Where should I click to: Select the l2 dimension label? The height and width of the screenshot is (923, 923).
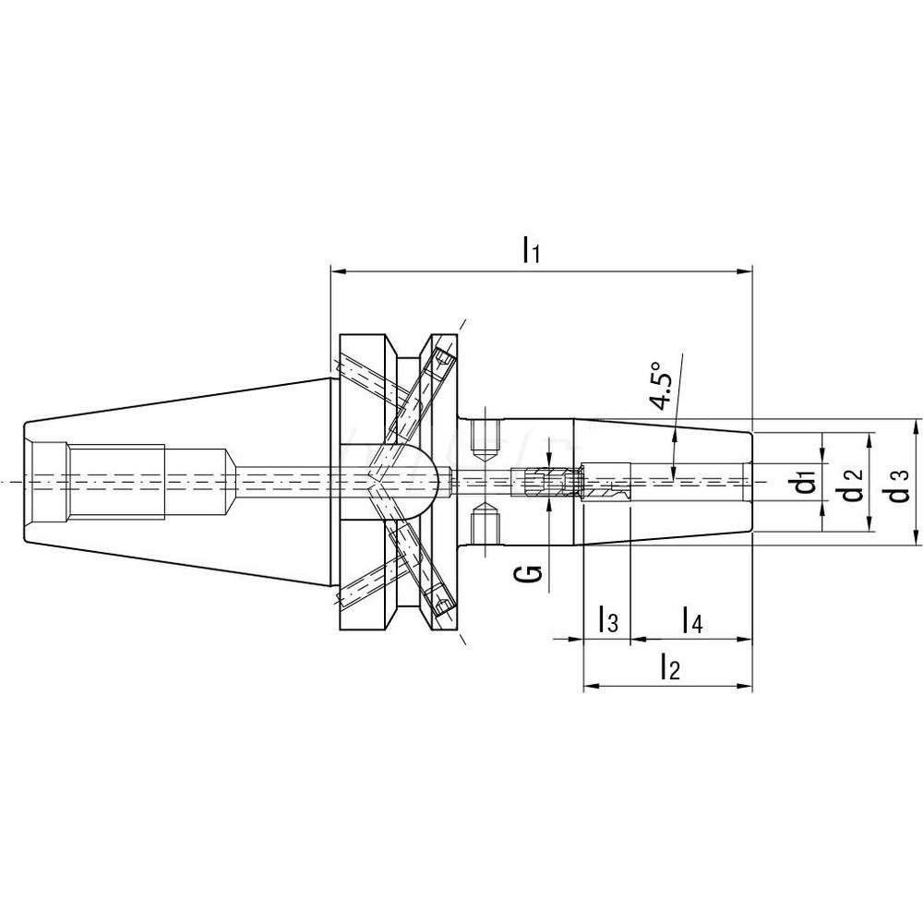tap(669, 667)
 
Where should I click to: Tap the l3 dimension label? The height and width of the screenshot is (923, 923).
tap(607, 619)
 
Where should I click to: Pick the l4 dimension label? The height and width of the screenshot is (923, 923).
tap(692, 619)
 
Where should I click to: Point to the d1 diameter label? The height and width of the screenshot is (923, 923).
tap(807, 481)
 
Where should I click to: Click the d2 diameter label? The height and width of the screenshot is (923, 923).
tap(854, 481)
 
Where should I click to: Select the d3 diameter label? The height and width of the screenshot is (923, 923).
tap(899, 483)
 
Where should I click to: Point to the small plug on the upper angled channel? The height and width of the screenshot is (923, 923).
tap(443, 357)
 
